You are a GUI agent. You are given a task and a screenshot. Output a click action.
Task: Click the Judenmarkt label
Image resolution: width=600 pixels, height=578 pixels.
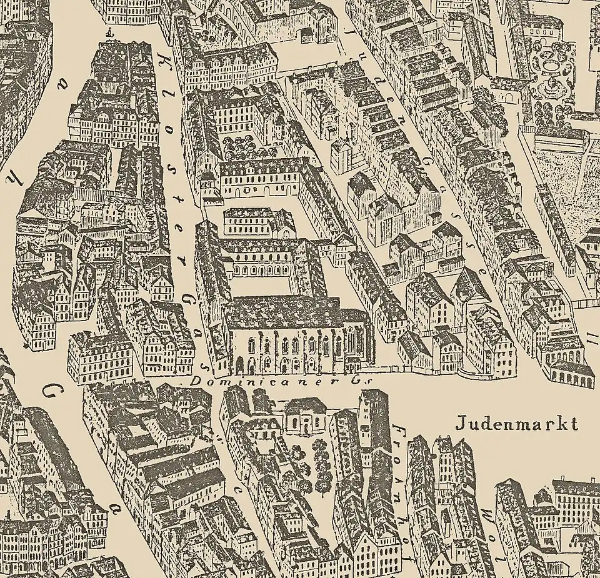[x=516, y=424]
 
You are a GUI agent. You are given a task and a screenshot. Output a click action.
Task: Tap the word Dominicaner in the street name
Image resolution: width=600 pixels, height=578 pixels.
[x=222, y=380]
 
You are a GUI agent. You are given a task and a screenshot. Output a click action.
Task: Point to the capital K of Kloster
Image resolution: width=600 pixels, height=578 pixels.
[x=163, y=59]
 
